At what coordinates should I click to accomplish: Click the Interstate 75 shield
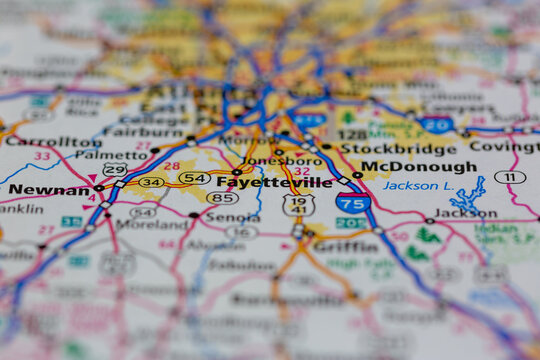[x=352, y=202]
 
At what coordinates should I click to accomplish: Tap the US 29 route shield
[x=114, y=170]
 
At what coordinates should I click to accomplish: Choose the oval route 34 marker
[x=152, y=182]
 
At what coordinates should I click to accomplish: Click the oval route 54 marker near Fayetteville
[x=194, y=178]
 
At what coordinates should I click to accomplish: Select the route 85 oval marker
[x=222, y=198]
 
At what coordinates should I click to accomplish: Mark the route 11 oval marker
[x=510, y=177]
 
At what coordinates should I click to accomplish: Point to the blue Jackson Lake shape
[x=467, y=193]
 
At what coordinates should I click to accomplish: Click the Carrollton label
[x=40, y=141]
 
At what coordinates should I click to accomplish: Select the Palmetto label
[x=98, y=155]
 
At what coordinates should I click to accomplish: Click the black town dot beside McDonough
[x=357, y=174]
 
